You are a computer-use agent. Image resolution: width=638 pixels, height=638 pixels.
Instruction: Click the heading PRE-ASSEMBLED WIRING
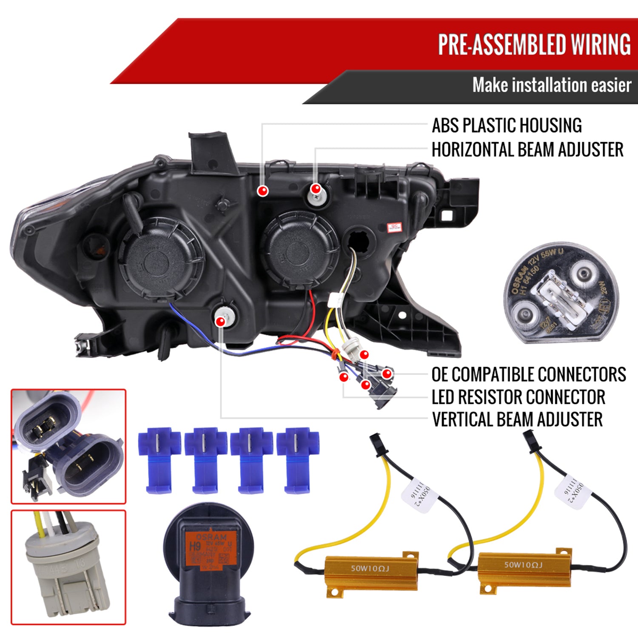pos(534,44)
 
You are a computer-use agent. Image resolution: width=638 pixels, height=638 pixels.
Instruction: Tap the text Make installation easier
pos(551,85)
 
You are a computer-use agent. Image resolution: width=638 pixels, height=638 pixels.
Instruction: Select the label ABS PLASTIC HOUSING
pos(507,125)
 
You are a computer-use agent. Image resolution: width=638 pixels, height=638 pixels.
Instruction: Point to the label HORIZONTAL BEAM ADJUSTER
pos(527,150)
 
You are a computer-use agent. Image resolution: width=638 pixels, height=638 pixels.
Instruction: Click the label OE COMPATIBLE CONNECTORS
pos(529,375)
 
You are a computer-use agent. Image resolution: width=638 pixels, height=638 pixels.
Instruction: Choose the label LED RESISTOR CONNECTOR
pos(518,397)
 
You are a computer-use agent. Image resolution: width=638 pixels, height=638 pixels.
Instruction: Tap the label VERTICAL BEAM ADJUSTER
pos(517,419)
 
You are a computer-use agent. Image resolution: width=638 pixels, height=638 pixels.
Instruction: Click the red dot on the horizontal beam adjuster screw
pos(316,188)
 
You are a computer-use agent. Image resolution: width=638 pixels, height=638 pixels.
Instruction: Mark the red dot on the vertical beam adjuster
pos(220,322)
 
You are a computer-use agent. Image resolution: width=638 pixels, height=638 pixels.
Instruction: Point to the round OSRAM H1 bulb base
pos(561,293)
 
